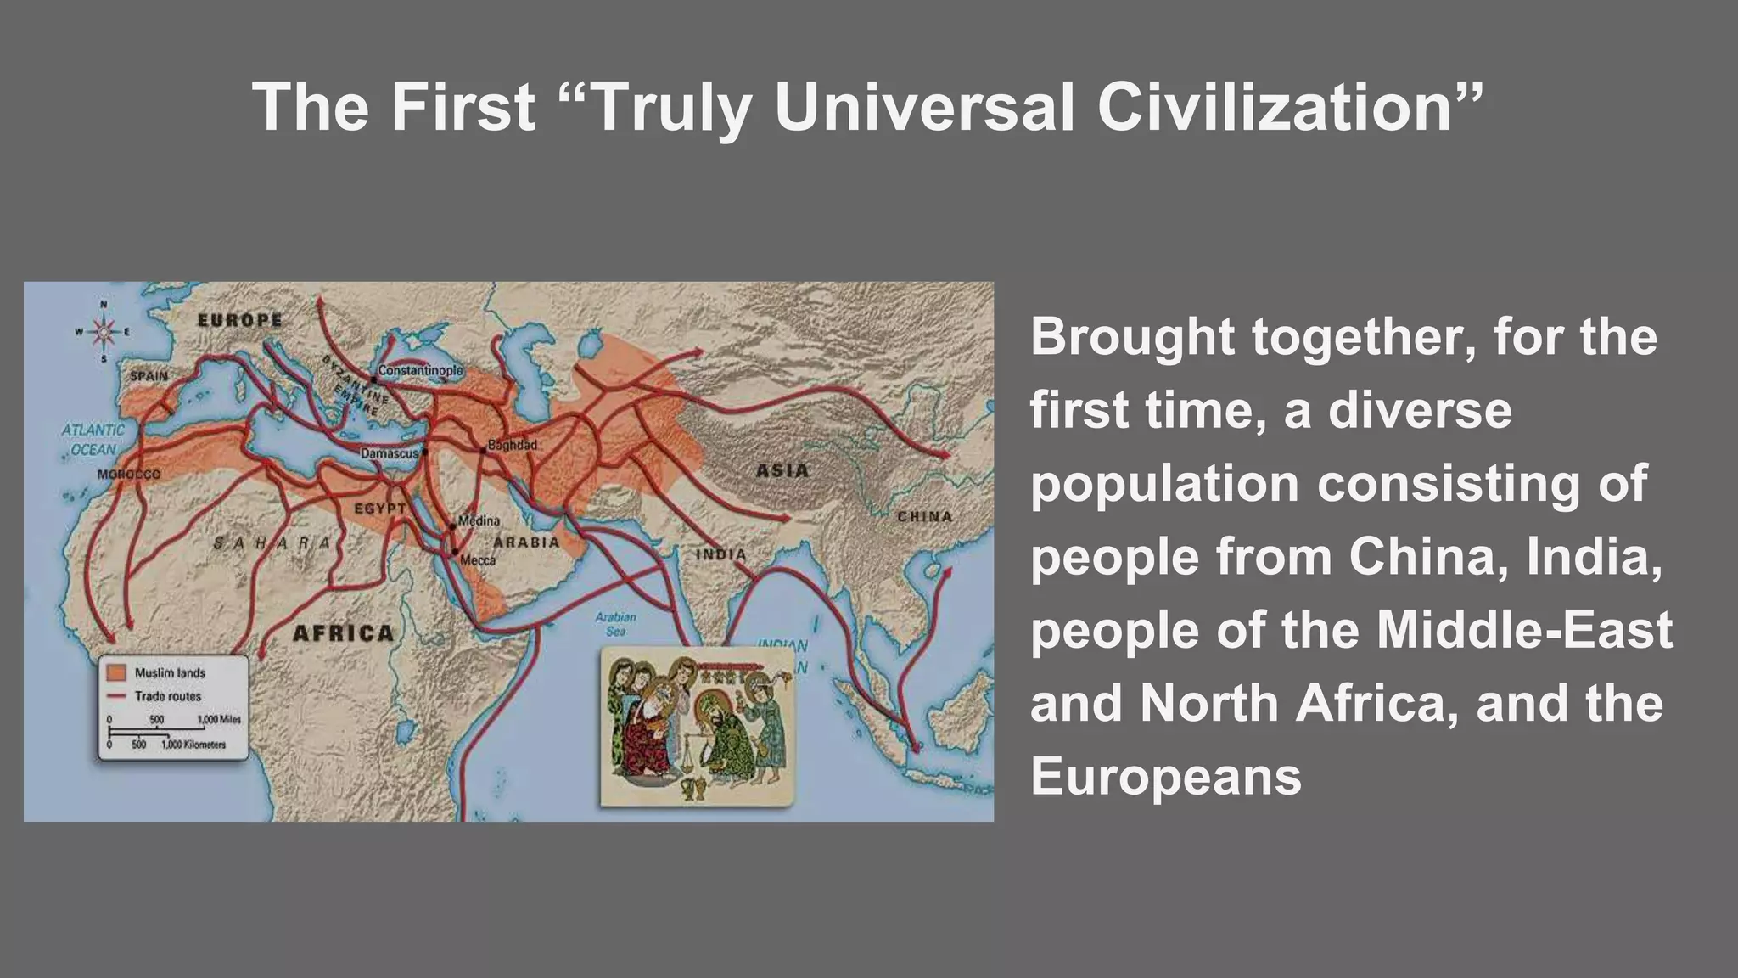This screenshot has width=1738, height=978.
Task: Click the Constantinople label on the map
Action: coord(420,371)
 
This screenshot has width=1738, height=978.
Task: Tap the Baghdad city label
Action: coord(513,445)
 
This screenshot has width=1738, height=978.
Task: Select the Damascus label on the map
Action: coord(390,454)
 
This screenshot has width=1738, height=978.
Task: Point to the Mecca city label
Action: coord(478,560)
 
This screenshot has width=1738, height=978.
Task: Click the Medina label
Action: coord(479,520)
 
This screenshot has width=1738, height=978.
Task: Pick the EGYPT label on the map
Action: coord(379,508)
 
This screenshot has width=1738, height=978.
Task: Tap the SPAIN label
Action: coord(149,375)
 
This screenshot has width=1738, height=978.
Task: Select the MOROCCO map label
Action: coord(128,474)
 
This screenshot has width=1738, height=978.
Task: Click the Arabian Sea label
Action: coord(615,624)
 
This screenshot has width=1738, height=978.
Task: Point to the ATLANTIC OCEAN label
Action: coord(93,439)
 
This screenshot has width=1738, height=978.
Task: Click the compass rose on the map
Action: coord(104,332)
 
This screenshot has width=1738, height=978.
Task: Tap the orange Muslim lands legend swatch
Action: coord(117,672)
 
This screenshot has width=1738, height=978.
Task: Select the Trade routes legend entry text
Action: coord(168,696)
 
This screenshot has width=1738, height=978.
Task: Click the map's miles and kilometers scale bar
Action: coord(174,732)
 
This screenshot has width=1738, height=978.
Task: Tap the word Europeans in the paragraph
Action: coord(1166,776)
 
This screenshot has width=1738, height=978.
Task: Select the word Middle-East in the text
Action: coord(1524,630)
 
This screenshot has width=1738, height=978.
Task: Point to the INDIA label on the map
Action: coord(720,554)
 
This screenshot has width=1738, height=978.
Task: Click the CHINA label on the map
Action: coord(925,516)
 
